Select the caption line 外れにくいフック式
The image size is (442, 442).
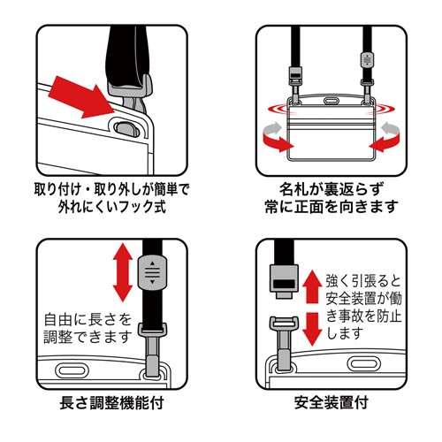[x=109, y=210]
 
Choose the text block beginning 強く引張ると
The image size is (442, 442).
[x=366, y=295]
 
